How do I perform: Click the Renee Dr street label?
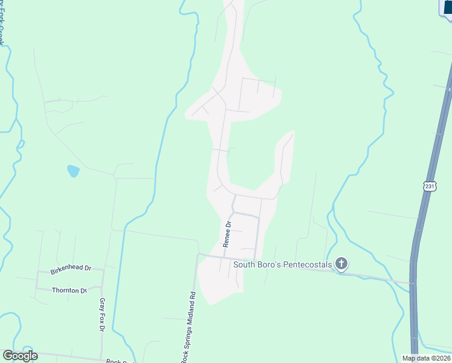pyautogui.click(x=228, y=234)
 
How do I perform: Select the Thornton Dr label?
pyautogui.click(x=69, y=290)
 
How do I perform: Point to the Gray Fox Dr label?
pyautogui.click(x=102, y=315)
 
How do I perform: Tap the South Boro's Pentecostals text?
pyautogui.click(x=283, y=263)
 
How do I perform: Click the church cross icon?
pyautogui.click(x=341, y=263)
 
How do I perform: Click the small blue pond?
pyautogui.click(x=73, y=171)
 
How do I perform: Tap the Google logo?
pyautogui.click(x=20, y=356)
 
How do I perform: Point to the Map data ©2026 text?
pyautogui.click(x=427, y=358)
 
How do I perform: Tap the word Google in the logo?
pyautogui.click(x=20, y=356)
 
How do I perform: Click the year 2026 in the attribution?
pyautogui.click(x=442, y=358)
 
